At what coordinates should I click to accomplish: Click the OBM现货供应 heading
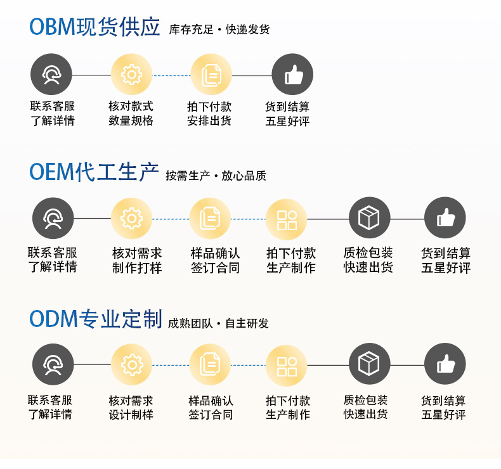pyautogui.click(x=94, y=27)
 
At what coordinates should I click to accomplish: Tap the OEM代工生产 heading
pyautogui.click(x=94, y=172)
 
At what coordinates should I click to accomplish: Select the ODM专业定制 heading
pyautogui.click(x=95, y=319)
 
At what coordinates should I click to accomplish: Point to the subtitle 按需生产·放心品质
pyautogui.click(x=216, y=176)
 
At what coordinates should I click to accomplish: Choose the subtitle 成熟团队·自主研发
pyautogui.click(x=218, y=323)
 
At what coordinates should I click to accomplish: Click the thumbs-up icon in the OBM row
pyautogui.click(x=292, y=75)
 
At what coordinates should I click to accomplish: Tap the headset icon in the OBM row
pyautogui.click(x=51, y=75)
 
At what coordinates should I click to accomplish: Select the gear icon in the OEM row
pyautogui.click(x=131, y=219)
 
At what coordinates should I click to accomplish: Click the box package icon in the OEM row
pyautogui.click(x=369, y=219)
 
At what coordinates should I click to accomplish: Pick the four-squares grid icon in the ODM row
pyautogui.click(x=287, y=366)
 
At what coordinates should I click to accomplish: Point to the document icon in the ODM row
pyautogui.click(x=210, y=364)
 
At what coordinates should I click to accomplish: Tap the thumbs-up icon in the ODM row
pyautogui.click(x=445, y=364)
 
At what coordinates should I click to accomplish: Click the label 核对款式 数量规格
pyautogui.click(x=131, y=113)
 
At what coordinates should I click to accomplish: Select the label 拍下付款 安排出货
pyautogui.click(x=209, y=113)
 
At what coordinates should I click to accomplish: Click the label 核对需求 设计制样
pyautogui.click(x=131, y=408)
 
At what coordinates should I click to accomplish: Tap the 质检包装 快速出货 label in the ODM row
pyautogui.click(x=365, y=408)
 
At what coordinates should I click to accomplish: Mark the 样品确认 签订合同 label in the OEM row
pyautogui.click(x=215, y=260)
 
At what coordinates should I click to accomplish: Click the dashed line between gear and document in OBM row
pyautogui.click(x=171, y=75)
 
